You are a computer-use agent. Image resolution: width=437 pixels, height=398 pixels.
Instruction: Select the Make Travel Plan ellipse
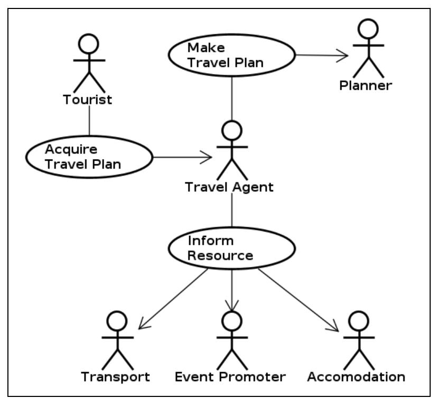(231, 55)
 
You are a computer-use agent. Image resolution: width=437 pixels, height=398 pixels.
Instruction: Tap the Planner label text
(366, 86)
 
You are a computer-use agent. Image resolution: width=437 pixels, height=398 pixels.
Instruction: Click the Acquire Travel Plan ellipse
(88, 157)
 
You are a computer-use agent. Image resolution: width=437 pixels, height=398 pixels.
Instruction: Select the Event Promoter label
(230, 377)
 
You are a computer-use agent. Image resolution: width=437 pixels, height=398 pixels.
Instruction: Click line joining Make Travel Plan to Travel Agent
(232, 98)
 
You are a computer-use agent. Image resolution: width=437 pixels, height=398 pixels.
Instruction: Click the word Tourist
(88, 100)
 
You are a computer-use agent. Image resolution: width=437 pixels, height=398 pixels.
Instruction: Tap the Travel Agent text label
(229, 187)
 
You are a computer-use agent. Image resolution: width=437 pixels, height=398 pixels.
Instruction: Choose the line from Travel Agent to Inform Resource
(232, 214)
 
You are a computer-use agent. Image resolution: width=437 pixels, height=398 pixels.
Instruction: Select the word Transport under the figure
(116, 377)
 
